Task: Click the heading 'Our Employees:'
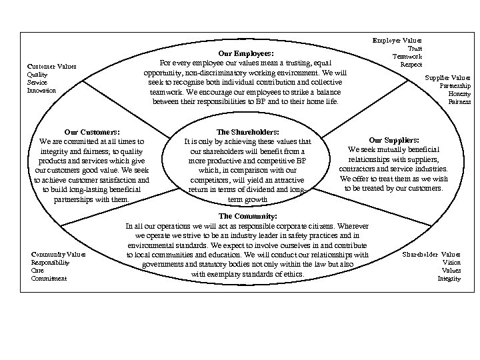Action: pos(247,54)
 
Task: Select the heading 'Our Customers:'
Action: pos(91,132)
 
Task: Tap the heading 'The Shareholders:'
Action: pos(248,132)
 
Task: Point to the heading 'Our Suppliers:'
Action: pos(394,140)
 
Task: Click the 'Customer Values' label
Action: pos(51,66)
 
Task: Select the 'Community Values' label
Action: pos(59,255)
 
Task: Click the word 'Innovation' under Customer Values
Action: pos(42,90)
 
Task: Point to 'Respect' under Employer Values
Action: pos(411,64)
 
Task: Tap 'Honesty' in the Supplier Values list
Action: pos(459,94)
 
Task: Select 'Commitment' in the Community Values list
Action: pos(49,279)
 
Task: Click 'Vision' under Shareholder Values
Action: pos(451,263)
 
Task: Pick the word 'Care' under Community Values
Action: pos(37,271)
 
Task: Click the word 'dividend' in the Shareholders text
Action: pos(254,190)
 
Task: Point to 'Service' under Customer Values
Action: pos(37,82)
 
